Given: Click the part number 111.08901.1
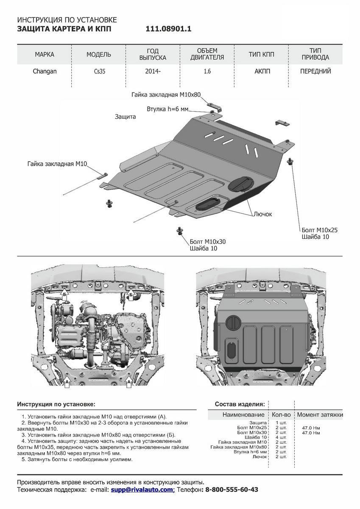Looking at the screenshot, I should [x=169, y=29].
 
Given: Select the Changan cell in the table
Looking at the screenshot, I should [x=45, y=71].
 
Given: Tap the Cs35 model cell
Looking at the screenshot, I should [x=99, y=72].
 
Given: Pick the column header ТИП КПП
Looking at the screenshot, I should [x=261, y=54].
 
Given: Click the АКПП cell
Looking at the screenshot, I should [x=261, y=71].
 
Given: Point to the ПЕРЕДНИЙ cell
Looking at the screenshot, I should [x=315, y=71].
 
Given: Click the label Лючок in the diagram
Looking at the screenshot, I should [x=263, y=214].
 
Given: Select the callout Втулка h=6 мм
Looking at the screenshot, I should [x=167, y=109].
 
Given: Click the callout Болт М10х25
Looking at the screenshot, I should [x=320, y=230].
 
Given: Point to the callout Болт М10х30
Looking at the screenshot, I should [x=208, y=241].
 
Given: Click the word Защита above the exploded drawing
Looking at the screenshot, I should [x=125, y=116].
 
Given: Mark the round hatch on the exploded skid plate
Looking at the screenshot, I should [x=240, y=183].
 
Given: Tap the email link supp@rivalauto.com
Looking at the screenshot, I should [x=142, y=489].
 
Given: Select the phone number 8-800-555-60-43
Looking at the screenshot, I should [x=232, y=489].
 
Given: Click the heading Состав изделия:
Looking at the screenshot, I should [x=240, y=404].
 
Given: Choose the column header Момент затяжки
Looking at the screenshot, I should [x=320, y=414].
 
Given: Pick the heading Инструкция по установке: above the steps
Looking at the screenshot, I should [x=56, y=404].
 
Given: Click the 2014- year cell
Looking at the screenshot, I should [x=153, y=71].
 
